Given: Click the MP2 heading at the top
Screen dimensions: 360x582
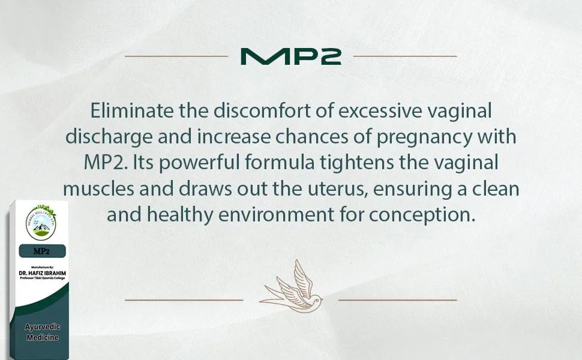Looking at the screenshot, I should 290,56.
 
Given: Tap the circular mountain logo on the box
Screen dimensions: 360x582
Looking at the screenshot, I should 41,223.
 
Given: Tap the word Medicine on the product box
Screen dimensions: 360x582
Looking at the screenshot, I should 42,338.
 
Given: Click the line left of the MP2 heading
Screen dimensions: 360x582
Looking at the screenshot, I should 176,56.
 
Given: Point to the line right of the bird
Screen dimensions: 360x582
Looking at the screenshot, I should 397,299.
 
